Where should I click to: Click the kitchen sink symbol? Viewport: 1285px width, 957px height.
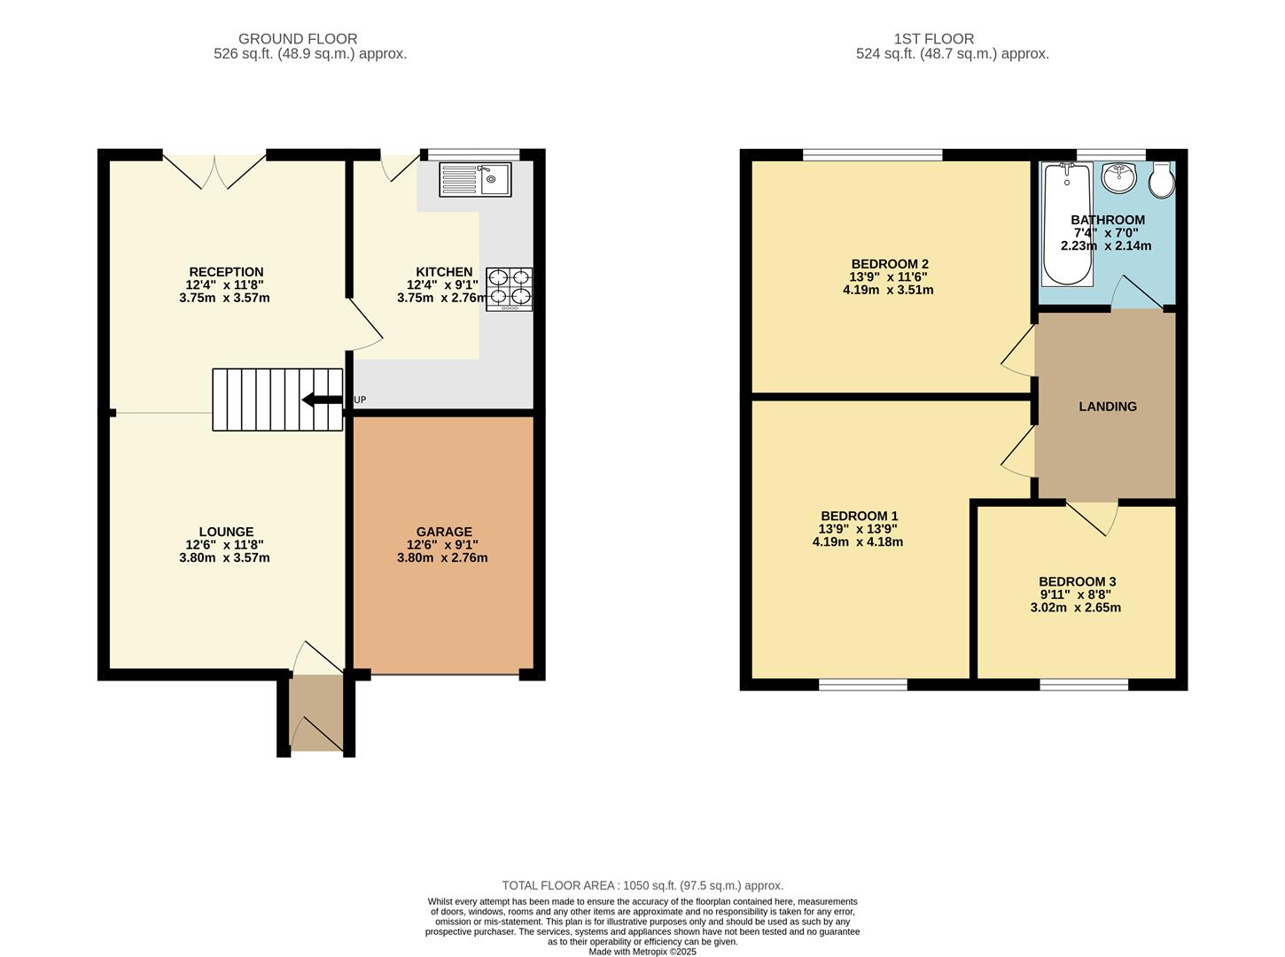pyautogui.click(x=475, y=180)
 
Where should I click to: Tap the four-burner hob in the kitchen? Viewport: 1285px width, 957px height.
pyautogui.click(x=510, y=289)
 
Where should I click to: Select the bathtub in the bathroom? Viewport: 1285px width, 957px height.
pyautogui.click(x=1067, y=224)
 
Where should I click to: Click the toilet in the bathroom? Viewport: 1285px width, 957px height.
pyautogui.click(x=1162, y=182)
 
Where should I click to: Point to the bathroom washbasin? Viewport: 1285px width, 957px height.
pyautogui.click(x=1122, y=176)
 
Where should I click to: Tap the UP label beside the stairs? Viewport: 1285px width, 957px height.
pyautogui.click(x=360, y=400)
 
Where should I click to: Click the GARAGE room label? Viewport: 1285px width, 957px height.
pyautogui.click(x=444, y=532)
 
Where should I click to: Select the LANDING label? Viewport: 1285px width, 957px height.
pyautogui.click(x=1107, y=407)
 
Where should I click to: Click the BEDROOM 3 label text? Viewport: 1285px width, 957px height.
pyautogui.click(x=1077, y=581)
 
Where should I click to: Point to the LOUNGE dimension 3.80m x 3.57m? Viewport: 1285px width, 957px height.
pyautogui.click(x=224, y=558)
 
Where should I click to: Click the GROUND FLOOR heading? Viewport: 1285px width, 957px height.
pyautogui.click(x=298, y=39)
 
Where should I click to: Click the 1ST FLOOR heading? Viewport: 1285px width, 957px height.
pyautogui.click(x=933, y=39)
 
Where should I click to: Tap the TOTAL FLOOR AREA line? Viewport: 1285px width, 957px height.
pyautogui.click(x=642, y=885)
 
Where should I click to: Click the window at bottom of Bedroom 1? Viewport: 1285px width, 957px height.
pyautogui.click(x=862, y=684)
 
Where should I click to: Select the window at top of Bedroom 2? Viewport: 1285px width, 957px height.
pyautogui.click(x=872, y=155)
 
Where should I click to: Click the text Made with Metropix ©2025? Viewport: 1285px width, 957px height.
pyautogui.click(x=642, y=952)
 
